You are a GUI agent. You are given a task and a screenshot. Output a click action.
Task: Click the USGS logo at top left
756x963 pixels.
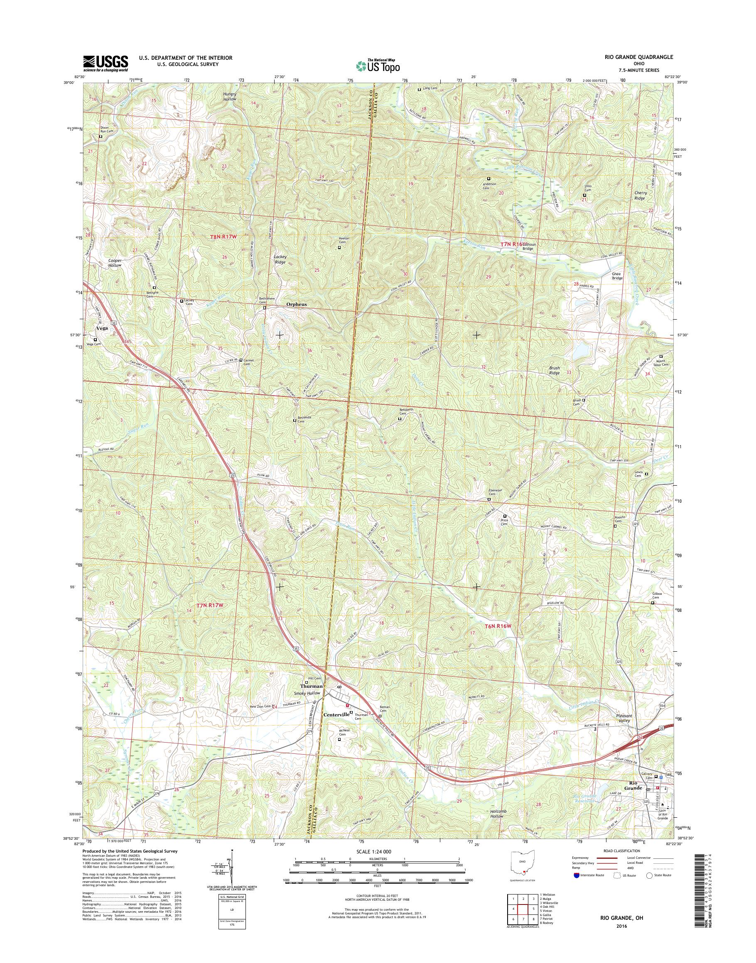pos(106,63)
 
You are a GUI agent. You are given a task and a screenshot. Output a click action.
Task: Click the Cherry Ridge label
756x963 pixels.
pos(641,196)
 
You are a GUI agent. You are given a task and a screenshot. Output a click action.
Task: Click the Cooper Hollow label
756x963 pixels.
pos(115,263)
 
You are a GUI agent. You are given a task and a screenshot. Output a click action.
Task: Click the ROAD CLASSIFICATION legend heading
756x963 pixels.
pos(621,851)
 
